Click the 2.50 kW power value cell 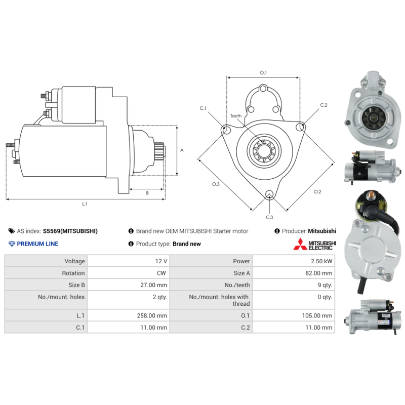321,261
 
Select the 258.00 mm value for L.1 152,315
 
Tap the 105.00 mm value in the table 317,315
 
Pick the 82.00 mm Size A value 319,273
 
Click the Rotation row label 73,273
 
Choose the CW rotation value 161,273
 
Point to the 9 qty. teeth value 325,285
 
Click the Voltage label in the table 74,261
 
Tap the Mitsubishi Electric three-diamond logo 300,244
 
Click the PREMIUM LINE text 37,244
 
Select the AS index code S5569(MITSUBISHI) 70,231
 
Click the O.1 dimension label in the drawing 263,73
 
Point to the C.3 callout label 269,217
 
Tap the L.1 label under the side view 85,204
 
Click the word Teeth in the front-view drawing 236,116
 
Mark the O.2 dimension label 317,192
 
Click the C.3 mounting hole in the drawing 269,194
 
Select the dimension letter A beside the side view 182,150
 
